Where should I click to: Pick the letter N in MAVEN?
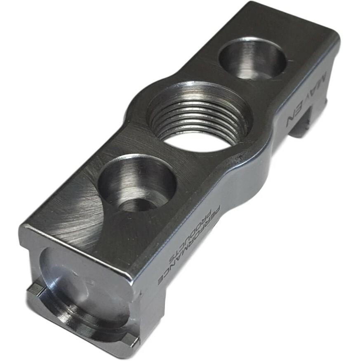click(x=294, y=120)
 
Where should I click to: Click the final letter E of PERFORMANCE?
click(x=162, y=282)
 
